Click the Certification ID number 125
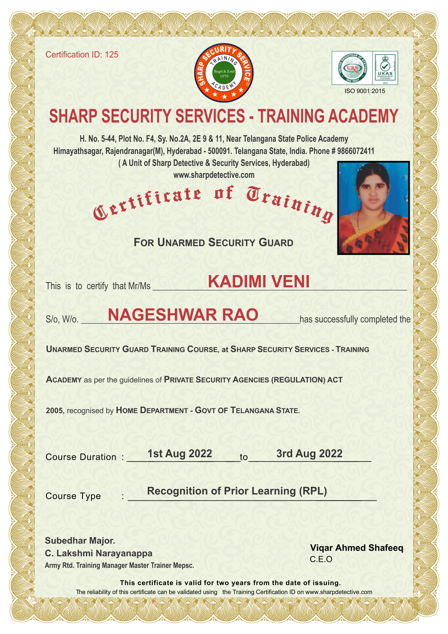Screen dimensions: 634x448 tap(112, 55)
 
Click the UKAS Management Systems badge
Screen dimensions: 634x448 tap(385, 68)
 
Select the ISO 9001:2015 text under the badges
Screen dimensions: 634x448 tap(365, 91)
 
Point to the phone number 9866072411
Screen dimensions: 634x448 tap(356, 151)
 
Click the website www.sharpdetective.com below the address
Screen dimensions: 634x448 tap(214, 175)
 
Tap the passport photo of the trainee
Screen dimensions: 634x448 tap(373, 208)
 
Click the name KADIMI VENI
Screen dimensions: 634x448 tap(259, 282)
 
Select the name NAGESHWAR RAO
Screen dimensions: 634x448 tap(183, 315)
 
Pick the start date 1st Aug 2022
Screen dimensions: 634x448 tap(180, 454)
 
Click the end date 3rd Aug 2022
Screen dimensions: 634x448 tap(309, 454)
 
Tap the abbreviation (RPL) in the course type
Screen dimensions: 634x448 tap(313, 491)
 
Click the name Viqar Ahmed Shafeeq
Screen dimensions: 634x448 tap(357, 548)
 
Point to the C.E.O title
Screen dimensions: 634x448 tap(321, 560)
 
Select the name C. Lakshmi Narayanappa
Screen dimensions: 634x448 tap(99, 553)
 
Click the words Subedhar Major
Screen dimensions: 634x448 tap(80, 541)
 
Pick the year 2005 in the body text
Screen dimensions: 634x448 tap(55, 411)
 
